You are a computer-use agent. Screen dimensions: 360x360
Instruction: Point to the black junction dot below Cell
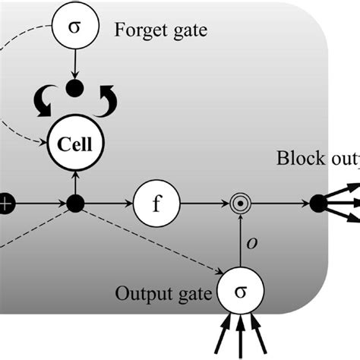tap(74, 204)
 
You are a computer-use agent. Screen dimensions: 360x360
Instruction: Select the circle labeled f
tap(156, 204)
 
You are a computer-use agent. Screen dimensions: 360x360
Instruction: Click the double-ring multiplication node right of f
tap(240, 204)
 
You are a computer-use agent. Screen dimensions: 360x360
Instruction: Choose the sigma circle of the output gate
tap(240, 290)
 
